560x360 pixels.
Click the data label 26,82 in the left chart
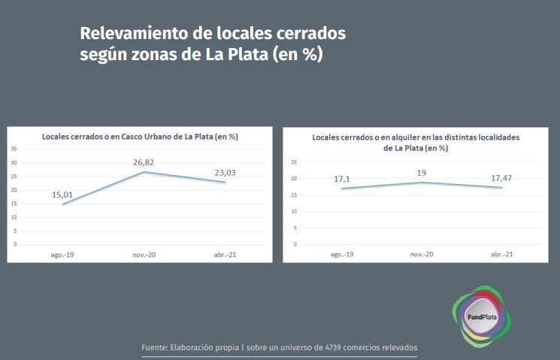click(x=144, y=162)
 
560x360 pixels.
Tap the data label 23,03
click(x=225, y=173)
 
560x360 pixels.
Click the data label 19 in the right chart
click(x=421, y=173)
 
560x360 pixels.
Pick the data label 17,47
click(x=501, y=178)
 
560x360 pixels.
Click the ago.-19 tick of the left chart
click(x=62, y=255)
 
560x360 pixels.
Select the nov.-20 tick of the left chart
click(x=144, y=255)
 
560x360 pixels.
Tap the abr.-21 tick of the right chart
click(x=502, y=254)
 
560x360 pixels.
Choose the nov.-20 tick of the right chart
click(x=422, y=254)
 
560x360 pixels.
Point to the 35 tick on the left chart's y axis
click(x=14, y=149)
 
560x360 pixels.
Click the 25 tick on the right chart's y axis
click(x=294, y=162)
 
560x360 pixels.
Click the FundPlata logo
click(x=481, y=316)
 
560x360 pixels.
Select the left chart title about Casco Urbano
click(x=140, y=136)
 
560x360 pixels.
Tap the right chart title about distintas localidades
click(x=416, y=143)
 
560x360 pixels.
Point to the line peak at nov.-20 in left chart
click(x=144, y=172)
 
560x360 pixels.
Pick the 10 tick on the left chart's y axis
click(x=14, y=217)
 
